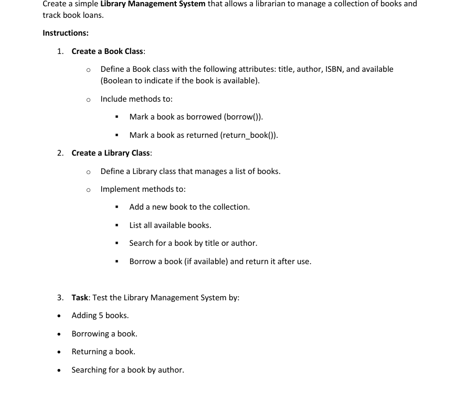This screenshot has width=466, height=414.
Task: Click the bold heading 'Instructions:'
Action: (x=66, y=33)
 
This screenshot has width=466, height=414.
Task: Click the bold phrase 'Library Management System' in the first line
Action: (x=153, y=4)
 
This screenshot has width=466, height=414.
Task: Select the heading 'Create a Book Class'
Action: (x=108, y=51)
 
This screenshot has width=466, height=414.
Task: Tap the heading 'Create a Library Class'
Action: (x=111, y=153)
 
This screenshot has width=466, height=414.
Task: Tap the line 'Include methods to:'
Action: (x=136, y=99)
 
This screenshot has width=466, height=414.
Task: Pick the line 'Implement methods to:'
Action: (x=143, y=189)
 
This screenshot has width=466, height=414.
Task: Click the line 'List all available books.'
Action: (x=170, y=225)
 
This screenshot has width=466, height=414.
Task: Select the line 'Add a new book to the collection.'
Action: (x=189, y=207)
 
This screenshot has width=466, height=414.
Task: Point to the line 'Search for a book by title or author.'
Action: (x=193, y=243)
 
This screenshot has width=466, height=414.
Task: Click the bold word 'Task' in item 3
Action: (x=80, y=298)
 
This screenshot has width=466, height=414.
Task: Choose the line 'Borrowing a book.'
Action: (x=104, y=334)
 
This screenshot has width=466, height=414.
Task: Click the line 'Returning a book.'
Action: (x=103, y=352)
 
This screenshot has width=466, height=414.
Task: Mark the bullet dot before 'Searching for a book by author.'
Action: (x=60, y=371)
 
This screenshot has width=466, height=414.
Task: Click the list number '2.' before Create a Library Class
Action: (x=60, y=153)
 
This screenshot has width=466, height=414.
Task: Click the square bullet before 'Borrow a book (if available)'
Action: (x=117, y=262)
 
